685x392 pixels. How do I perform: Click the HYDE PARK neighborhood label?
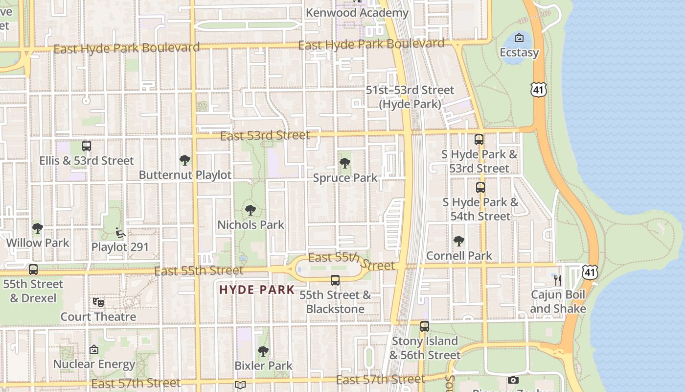[257, 290]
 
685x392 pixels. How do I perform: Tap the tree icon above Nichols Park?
[251, 210]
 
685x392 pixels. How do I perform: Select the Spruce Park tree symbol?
[345, 163]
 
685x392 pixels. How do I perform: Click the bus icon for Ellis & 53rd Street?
[87, 146]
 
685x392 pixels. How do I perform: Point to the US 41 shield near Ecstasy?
[538, 89]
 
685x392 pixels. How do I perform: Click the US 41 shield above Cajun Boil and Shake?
[590, 272]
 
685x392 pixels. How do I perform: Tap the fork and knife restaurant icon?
[557, 280]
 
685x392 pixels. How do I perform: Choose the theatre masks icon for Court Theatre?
[98, 302]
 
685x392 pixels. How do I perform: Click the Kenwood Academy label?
[357, 13]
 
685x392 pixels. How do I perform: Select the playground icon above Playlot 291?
[120, 232]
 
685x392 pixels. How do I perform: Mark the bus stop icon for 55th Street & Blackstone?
[335, 280]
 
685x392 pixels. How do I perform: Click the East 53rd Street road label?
[265, 135]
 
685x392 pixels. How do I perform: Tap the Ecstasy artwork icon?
[519, 38]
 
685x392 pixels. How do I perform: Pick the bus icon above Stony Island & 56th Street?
[425, 326]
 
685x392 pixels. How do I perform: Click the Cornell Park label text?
[459, 255]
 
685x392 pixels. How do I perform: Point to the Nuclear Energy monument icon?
[94, 349]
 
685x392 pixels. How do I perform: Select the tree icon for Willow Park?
[38, 228]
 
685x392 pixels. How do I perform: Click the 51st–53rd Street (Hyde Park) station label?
[410, 97]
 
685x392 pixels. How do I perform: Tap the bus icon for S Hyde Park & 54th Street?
[480, 188]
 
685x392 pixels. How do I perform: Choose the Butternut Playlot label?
[185, 175]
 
